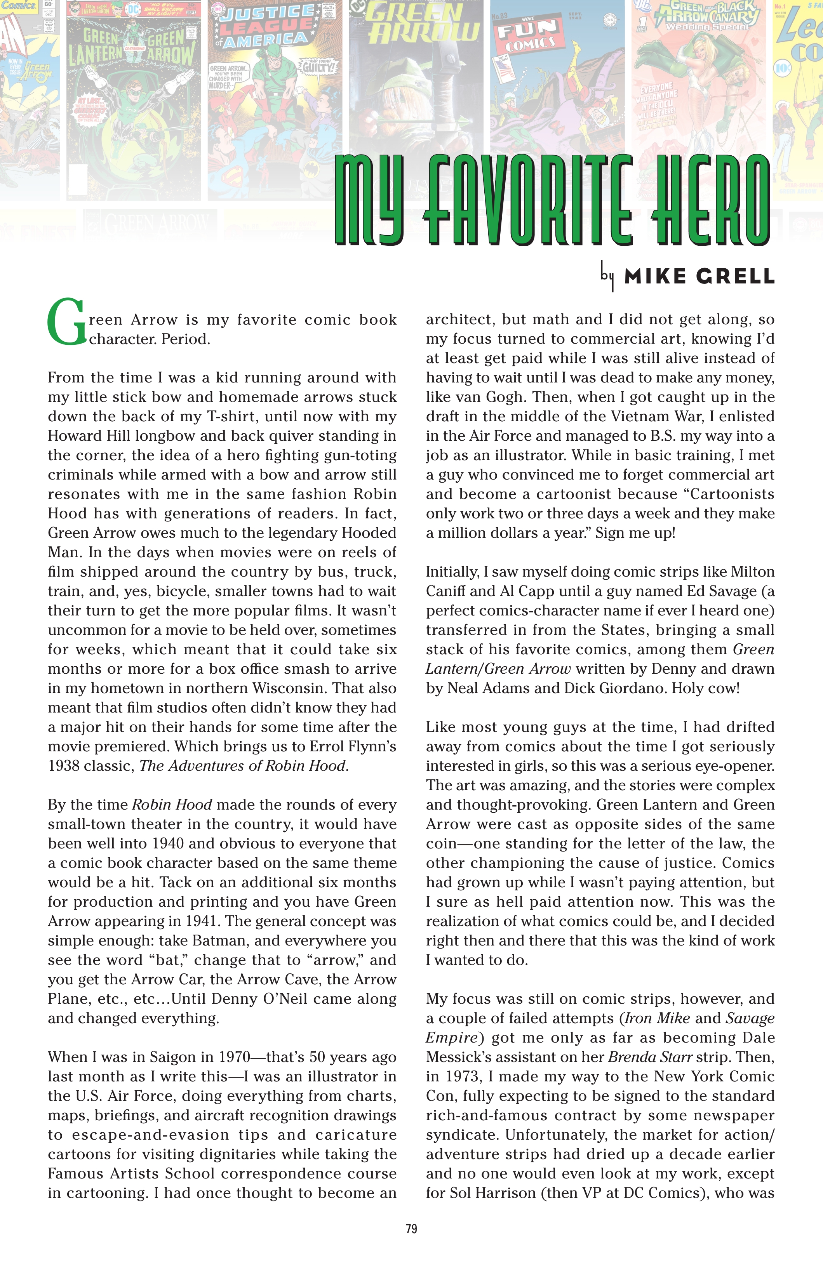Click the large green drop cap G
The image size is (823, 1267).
[x=66, y=323]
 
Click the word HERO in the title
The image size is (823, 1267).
[x=711, y=200]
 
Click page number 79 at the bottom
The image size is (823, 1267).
[x=411, y=1229]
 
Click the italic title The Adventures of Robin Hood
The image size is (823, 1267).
[x=243, y=766]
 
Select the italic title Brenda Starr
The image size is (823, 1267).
[x=650, y=1057]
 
